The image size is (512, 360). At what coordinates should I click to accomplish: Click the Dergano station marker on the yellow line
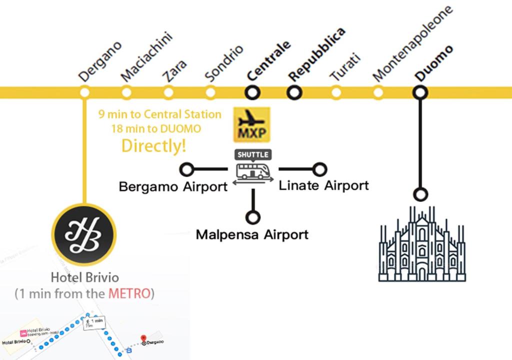[85, 92]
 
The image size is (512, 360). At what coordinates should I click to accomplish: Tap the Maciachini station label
[146, 56]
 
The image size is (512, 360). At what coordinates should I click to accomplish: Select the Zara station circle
[168, 92]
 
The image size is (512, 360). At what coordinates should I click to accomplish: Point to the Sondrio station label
[224, 63]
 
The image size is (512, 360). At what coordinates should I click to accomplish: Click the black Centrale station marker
[252, 92]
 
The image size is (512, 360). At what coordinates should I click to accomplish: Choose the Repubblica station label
[317, 53]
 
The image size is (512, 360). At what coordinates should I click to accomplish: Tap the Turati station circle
[336, 92]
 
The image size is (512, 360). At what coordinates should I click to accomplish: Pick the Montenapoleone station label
[412, 43]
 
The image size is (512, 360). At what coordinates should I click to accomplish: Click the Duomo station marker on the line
[420, 92]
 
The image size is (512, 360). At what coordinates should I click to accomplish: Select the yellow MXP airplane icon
[251, 124]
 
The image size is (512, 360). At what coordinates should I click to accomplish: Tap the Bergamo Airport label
[173, 187]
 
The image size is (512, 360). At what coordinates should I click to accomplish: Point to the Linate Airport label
[323, 185]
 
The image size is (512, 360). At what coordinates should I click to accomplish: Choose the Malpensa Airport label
[252, 234]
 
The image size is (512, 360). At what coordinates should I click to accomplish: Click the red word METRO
[129, 293]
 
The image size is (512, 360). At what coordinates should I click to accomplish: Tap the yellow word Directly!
[154, 145]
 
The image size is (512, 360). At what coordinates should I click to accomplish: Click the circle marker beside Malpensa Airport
[253, 217]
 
